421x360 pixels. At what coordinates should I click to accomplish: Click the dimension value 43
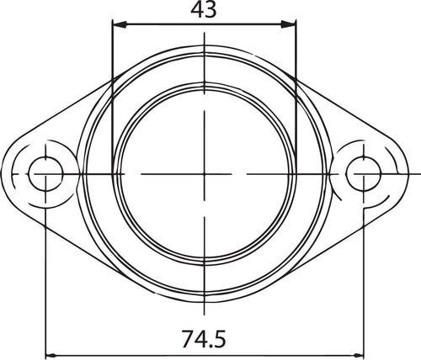(x=204, y=10)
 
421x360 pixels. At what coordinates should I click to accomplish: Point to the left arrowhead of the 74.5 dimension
(x=49, y=353)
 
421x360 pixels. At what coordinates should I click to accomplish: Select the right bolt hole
(x=362, y=174)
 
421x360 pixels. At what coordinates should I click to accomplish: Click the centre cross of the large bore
(x=205, y=174)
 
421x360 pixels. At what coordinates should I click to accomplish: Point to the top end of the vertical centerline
(x=205, y=34)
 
